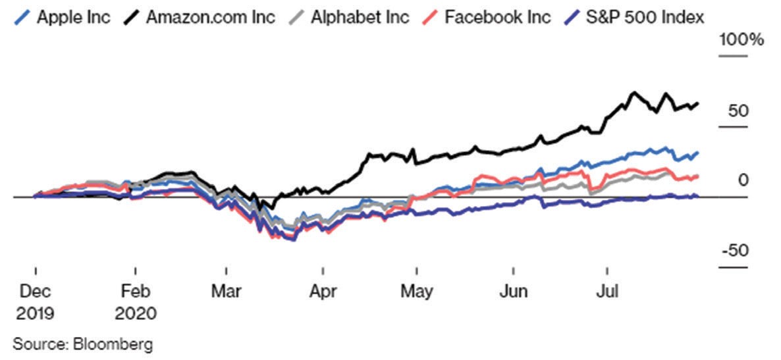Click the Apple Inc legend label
click(x=72, y=16)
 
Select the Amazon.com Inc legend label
click(x=210, y=16)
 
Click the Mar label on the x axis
click(x=226, y=291)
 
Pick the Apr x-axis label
click(x=323, y=291)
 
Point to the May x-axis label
click(x=416, y=291)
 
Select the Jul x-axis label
click(x=607, y=291)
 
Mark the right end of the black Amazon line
click(x=698, y=103)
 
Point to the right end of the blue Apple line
click(x=698, y=153)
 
